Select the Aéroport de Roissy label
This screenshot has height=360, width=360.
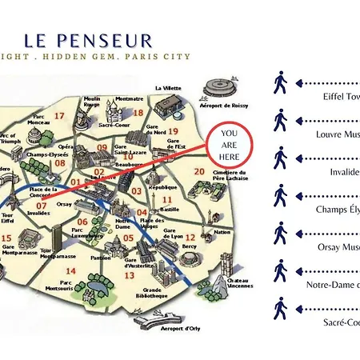[225, 105]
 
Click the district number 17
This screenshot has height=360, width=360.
[58, 116]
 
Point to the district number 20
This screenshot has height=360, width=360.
[199, 172]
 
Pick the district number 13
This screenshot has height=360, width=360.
[128, 275]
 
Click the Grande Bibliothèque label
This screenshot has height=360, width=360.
[158, 293]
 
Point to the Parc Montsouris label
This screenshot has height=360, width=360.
[68, 286]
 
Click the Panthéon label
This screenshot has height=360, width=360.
[101, 258]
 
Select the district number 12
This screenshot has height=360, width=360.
[190, 215]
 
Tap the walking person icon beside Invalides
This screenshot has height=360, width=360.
[280, 156]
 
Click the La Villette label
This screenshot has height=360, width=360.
[169, 87]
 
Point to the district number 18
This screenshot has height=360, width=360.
[138, 114]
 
